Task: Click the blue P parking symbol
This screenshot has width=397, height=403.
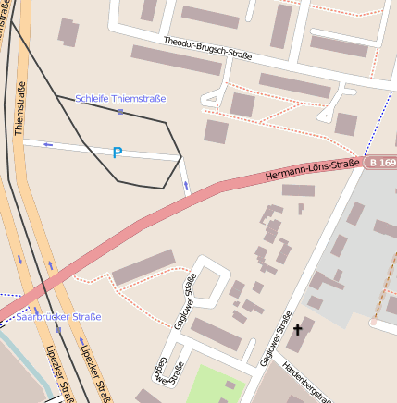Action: click(117, 153)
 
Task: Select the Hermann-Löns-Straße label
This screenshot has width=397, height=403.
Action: click(312, 169)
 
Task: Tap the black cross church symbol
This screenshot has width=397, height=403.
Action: click(298, 328)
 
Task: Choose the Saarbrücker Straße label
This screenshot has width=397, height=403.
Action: click(58, 317)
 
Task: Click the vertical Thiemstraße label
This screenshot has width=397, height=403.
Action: click(20, 109)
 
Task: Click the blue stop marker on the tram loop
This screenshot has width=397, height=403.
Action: click(120, 112)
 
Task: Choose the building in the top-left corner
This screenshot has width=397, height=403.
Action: click(68, 31)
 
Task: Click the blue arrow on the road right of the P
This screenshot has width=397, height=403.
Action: click(186, 186)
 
